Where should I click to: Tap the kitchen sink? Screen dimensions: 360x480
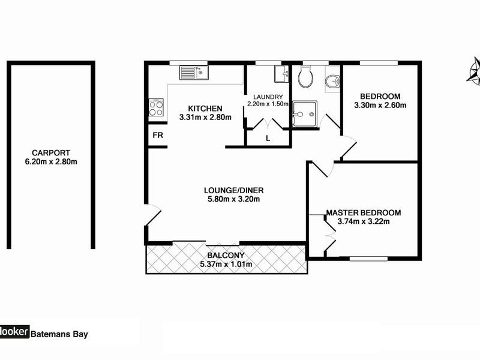click(x=193, y=73)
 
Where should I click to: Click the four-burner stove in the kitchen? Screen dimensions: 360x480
click(x=156, y=107)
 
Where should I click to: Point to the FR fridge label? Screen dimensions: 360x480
click(x=158, y=136)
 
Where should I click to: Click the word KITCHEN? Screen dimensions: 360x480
click(x=205, y=109)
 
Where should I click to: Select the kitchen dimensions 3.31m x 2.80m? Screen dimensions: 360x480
click(x=205, y=118)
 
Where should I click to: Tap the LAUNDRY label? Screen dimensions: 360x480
click(x=268, y=97)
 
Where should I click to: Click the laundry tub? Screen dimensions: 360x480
click(x=280, y=74)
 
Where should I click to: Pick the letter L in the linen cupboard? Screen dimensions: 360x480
click(x=268, y=138)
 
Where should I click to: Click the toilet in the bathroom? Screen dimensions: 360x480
click(x=305, y=75)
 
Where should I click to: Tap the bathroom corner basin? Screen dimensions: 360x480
click(x=332, y=82)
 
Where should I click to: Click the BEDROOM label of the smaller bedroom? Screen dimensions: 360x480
click(x=379, y=97)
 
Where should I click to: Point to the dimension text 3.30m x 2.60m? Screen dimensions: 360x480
click(x=379, y=106)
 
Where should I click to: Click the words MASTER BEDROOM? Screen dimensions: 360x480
click(x=364, y=212)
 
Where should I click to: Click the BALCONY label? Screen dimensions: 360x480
click(x=225, y=255)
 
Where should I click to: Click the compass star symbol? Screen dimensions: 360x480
click(x=474, y=69)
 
